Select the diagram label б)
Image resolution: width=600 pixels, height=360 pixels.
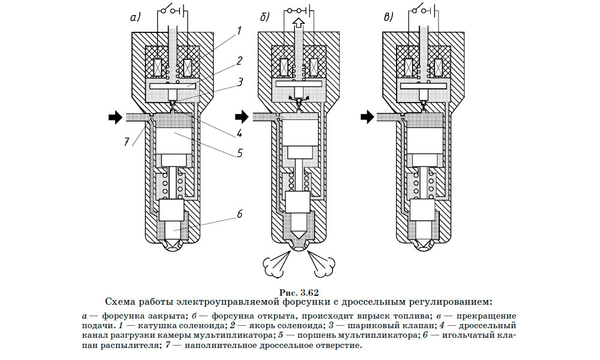(265, 18)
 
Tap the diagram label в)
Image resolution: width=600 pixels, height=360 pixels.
(391, 18)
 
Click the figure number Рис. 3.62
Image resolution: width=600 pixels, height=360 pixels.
(299, 292)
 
